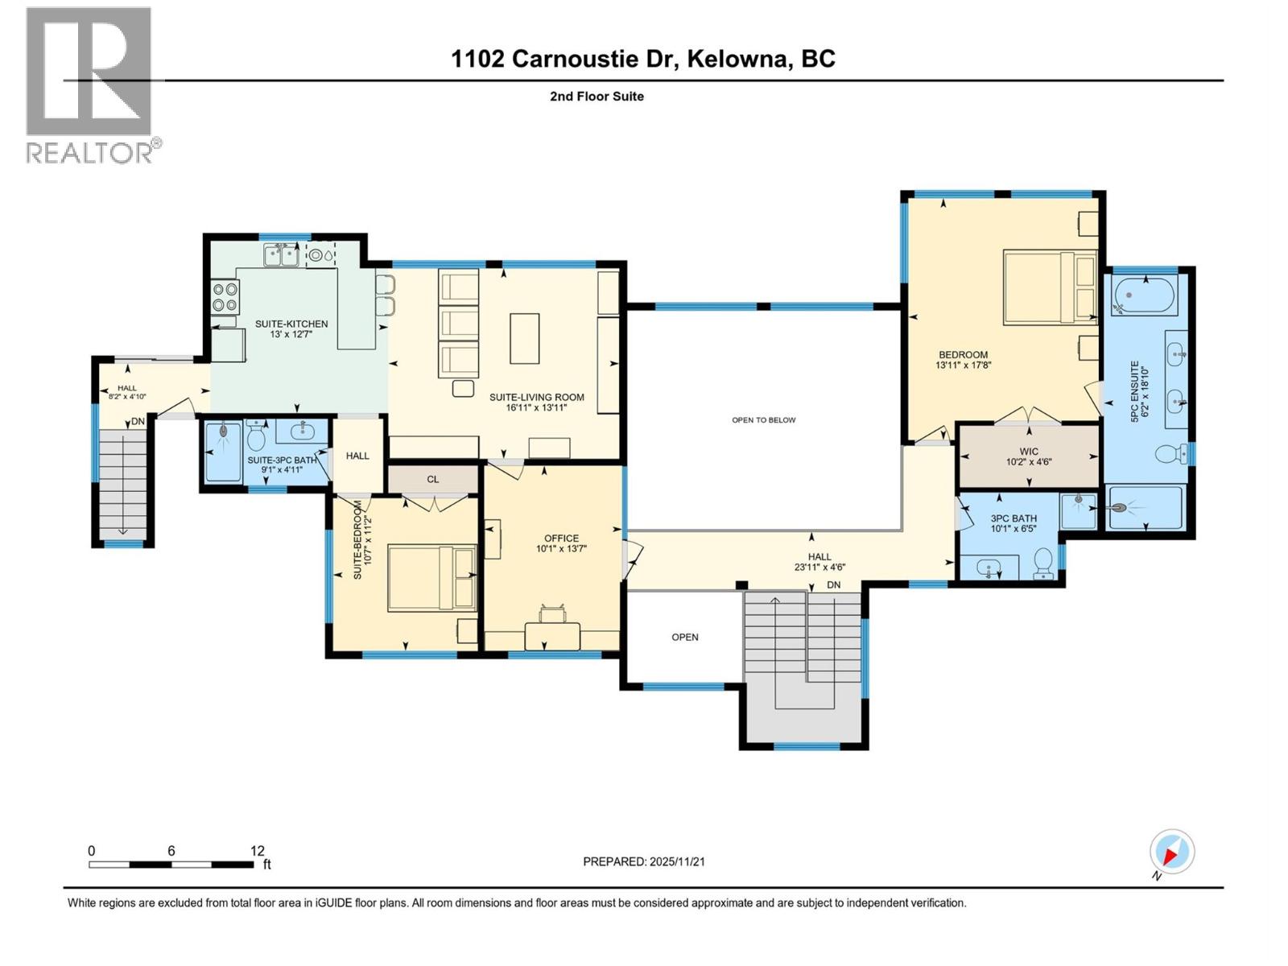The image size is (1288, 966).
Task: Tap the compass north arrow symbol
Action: tap(1172, 852)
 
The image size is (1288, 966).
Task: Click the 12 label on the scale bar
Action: tap(257, 851)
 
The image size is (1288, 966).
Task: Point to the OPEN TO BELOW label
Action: tap(763, 420)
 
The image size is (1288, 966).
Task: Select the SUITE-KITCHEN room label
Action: tap(291, 324)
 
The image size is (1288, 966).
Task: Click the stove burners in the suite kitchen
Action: tap(225, 297)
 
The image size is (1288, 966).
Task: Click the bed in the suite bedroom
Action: tap(431, 578)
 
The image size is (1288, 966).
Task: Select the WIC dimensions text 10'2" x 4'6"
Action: tap(1029, 462)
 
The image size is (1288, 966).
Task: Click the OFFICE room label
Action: tap(561, 539)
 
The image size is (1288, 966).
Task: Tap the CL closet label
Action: tap(433, 479)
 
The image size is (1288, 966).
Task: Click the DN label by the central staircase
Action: tap(833, 585)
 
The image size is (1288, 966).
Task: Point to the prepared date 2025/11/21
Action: tap(677, 861)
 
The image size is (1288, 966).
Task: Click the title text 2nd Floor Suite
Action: tap(597, 97)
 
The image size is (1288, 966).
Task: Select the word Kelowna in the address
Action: tap(737, 60)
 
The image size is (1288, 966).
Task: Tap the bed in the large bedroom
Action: tap(1050, 287)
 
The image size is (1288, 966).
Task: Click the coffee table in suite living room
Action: tap(524, 338)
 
